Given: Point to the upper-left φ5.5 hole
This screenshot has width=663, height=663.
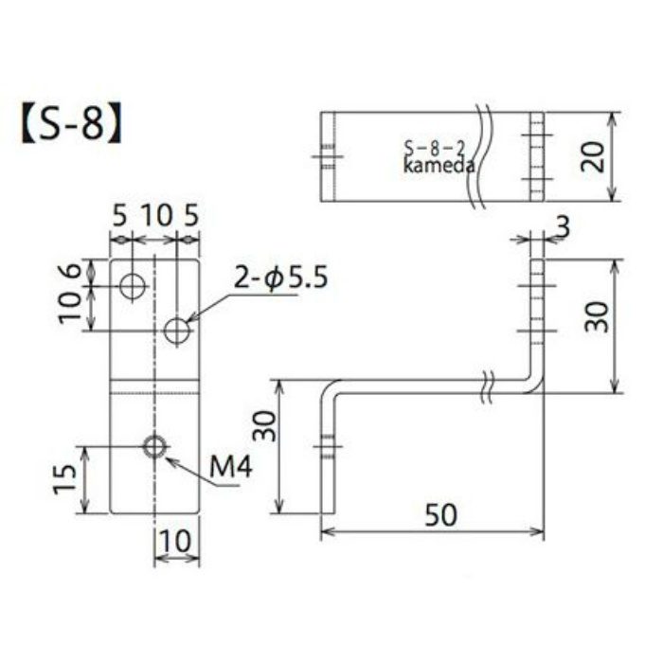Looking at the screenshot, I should click(x=133, y=284).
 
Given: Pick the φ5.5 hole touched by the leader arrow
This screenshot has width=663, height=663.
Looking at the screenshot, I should click(x=177, y=331).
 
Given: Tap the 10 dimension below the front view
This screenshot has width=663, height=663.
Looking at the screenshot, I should click(x=178, y=542).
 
